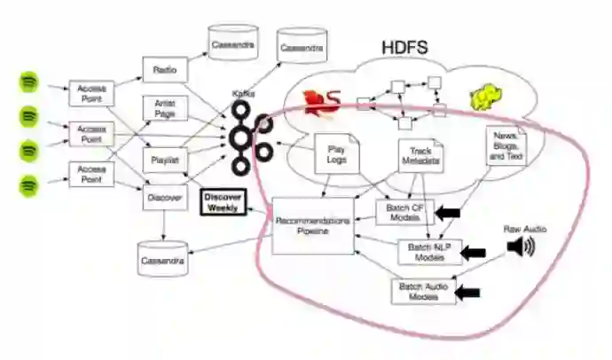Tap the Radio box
[x=162, y=70]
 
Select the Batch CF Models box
[x=404, y=212]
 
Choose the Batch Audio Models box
[x=423, y=291]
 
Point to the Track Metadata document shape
[x=420, y=157]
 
